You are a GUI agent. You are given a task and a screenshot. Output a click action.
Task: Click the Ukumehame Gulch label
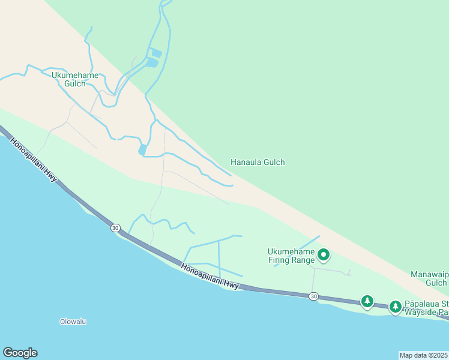coord(75,79)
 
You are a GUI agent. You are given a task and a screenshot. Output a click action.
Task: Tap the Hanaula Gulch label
coord(258,162)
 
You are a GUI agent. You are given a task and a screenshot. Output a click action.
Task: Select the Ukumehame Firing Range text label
coord(291,256)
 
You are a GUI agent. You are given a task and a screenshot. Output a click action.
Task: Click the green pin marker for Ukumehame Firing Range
coord(324,255)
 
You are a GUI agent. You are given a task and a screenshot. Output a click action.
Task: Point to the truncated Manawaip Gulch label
coord(429,278)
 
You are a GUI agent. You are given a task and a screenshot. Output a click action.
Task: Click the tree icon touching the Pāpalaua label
coord(395,307)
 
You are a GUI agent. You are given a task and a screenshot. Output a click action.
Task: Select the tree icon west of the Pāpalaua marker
coord(367,301)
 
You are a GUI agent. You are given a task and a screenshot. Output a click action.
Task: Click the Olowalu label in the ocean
coord(73,322)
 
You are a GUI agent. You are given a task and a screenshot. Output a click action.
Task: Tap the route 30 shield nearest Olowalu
coord(115,228)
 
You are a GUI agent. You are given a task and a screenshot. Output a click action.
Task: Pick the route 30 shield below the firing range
coord(313,296)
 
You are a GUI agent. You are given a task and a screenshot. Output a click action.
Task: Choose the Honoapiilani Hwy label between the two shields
coord(209,277)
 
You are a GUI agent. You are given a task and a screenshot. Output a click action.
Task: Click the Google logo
coord(20,353)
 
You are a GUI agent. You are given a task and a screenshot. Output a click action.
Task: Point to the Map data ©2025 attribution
coord(424,355)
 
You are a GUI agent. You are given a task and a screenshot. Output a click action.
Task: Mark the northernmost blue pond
coord(155,52)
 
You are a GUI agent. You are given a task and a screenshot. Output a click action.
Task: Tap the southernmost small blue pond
coord(142,149)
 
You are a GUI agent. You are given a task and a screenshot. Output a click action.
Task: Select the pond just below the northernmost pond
coord(152,62)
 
